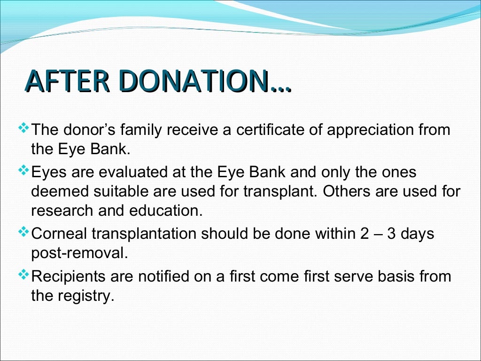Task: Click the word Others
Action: pyautogui.click(x=348, y=192)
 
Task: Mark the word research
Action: pyautogui.click(x=61, y=211)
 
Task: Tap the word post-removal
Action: pyautogui.click(x=79, y=253)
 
